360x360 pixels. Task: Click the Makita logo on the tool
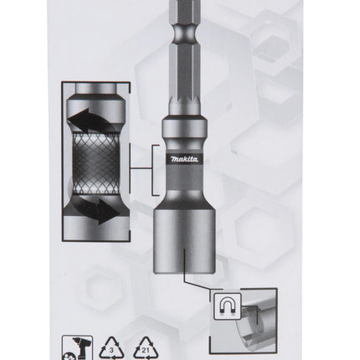(184, 159)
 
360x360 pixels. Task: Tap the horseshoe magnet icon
(227, 306)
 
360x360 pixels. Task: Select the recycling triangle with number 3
(111, 347)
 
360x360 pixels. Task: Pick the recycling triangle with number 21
(146, 347)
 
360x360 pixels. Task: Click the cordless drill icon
(77, 347)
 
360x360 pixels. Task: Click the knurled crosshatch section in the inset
(95, 164)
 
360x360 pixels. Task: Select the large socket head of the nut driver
(184, 241)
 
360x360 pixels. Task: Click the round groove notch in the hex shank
(184, 33)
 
